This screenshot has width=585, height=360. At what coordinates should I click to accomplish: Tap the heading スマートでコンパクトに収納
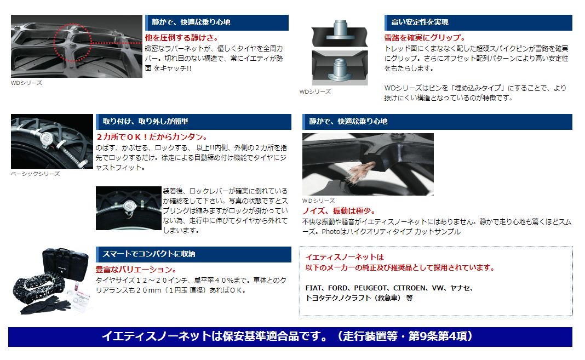[x=148, y=254]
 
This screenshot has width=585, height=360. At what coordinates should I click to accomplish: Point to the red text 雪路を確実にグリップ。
[x=425, y=38]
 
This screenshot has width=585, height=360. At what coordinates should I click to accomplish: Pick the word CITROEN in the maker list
[x=411, y=288]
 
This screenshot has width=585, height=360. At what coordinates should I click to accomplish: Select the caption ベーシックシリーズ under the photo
[x=35, y=174]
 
